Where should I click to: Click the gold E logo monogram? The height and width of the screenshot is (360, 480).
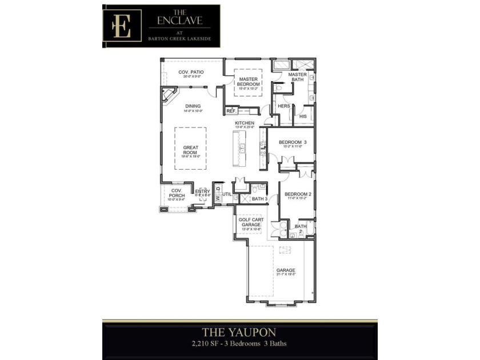pyautogui.click(x=122, y=23)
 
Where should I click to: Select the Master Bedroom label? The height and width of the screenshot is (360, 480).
pyautogui.click(x=249, y=82)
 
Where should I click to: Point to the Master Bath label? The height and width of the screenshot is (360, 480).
pyautogui.click(x=297, y=77)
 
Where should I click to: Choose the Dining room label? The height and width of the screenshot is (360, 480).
pyautogui.click(x=193, y=106)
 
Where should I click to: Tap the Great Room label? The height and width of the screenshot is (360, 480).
pyautogui.click(x=190, y=150)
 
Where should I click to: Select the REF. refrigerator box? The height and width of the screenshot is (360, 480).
pyautogui.click(x=231, y=110)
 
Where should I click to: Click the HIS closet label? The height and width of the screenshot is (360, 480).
pyautogui.click(x=303, y=117)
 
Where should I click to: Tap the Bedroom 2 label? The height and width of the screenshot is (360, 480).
pyautogui.click(x=297, y=194)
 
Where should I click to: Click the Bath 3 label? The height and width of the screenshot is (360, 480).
pyautogui.click(x=260, y=199)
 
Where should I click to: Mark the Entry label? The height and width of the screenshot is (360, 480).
pyautogui.click(x=202, y=191)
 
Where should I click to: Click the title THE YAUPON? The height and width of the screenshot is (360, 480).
pyautogui.click(x=239, y=332)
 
